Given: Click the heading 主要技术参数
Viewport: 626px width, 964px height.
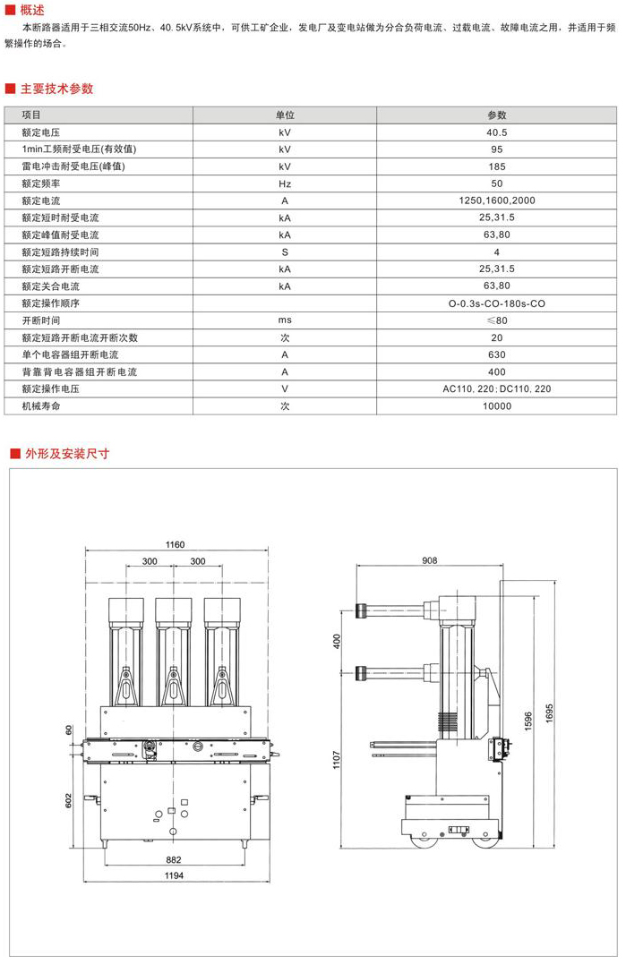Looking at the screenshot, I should [57, 89].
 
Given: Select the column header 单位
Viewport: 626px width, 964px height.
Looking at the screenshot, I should [285, 115].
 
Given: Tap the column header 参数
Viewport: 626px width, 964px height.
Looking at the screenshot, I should [497, 115].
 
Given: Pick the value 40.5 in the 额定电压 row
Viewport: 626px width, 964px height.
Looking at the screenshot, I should [497, 132].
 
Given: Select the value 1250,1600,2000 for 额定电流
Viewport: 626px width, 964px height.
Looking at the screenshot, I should [497, 200].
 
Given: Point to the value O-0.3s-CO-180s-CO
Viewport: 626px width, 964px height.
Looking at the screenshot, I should [497, 303].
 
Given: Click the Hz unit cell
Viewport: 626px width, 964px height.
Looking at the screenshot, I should [285, 183].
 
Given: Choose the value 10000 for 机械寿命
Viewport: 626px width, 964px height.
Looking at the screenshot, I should [497, 406].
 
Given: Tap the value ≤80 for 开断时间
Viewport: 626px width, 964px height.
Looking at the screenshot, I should [497, 320].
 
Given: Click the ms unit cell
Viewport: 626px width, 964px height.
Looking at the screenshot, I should [285, 320].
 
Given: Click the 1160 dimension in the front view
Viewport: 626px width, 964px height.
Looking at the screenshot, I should [175, 544].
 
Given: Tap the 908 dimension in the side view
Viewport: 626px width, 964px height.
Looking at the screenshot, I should [429, 561].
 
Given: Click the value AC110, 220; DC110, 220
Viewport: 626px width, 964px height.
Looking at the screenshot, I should [497, 389].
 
